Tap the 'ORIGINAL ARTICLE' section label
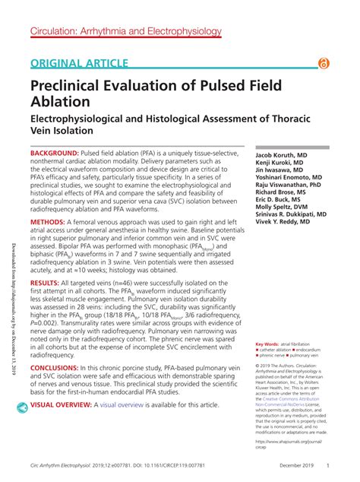pyautogui.click(x=80, y=64)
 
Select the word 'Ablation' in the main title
pyautogui.click(x=62, y=100)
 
